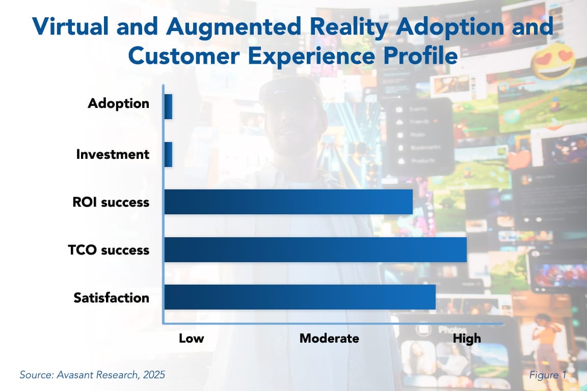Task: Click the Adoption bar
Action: pyautogui.click(x=168, y=107)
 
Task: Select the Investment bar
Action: pyautogui.click(x=168, y=154)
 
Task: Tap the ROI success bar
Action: pyautogui.click(x=288, y=202)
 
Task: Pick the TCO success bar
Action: pyautogui.click(x=315, y=250)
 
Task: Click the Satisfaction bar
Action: pyautogui.click(x=300, y=297)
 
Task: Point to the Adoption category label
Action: pyautogui.click(x=119, y=103)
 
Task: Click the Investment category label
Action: pyautogui.click(x=113, y=154)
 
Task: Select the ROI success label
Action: pyautogui.click(x=111, y=202)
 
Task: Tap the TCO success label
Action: pyautogui.click(x=109, y=250)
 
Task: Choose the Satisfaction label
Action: pyautogui.click(x=112, y=297)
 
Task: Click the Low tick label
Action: pyautogui.click(x=191, y=339)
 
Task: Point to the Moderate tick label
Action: pyautogui.click(x=329, y=339)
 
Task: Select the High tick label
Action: pyautogui.click(x=467, y=339)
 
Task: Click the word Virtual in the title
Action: pyautogui.click(x=69, y=26)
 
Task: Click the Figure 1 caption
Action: pyautogui.click(x=548, y=375)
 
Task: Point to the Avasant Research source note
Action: pyautogui.click(x=92, y=375)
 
